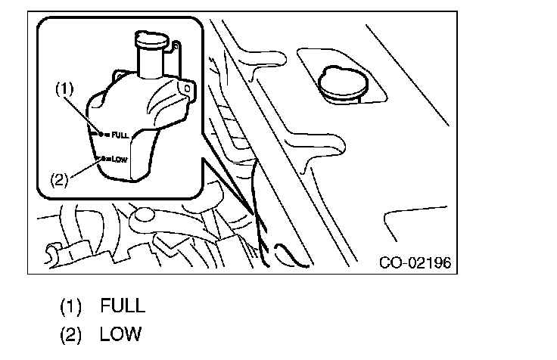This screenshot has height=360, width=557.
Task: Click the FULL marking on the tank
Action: pos(120,134)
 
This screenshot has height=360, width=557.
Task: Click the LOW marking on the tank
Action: pos(118,160)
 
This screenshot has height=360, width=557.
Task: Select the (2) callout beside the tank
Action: pos(60,180)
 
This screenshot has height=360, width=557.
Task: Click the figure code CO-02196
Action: pos(415,262)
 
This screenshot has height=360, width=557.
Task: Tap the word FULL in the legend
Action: pos(122,306)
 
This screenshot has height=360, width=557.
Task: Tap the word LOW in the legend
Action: pos(120,334)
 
